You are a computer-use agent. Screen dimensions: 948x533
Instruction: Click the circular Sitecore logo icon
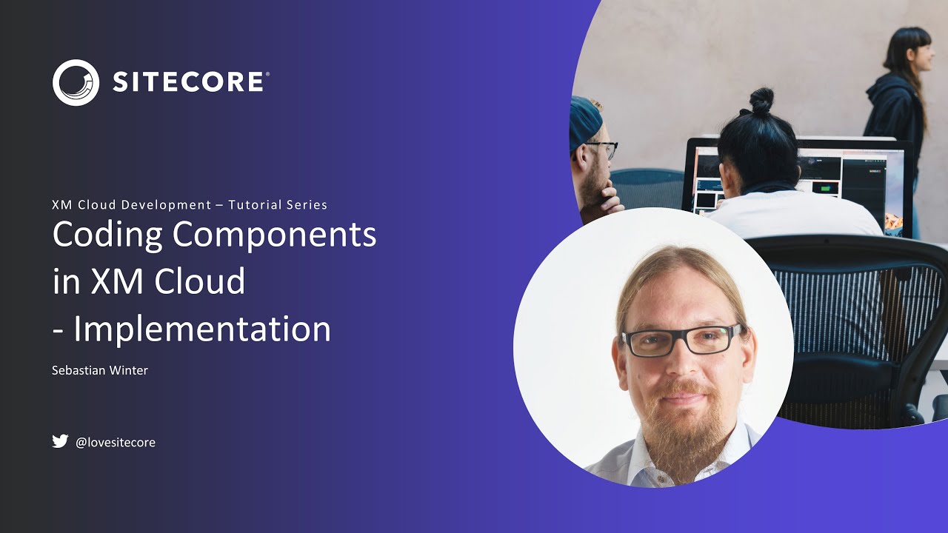tap(76, 82)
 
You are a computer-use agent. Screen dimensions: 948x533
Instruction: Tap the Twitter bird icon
tap(60, 441)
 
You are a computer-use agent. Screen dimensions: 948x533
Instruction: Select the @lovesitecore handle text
tap(116, 443)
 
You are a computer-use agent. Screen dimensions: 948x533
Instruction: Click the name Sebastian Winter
tap(100, 370)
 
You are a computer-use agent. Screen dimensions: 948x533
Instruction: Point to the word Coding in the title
tap(107, 235)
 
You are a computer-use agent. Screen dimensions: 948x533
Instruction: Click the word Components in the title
tap(274, 235)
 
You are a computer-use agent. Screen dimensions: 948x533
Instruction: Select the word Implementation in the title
tap(202, 329)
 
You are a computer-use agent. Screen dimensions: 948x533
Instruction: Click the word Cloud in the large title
tap(199, 281)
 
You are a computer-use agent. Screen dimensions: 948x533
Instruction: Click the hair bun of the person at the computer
tap(761, 101)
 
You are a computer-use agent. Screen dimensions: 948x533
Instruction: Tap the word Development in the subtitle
tap(167, 205)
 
